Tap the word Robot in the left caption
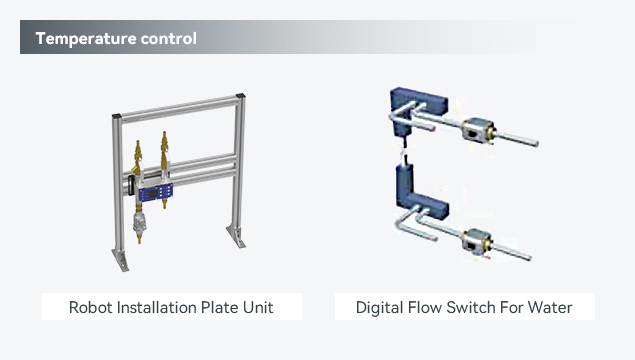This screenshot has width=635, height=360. [91, 307]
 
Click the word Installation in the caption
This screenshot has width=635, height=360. [156, 307]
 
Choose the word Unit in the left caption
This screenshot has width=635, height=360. [258, 307]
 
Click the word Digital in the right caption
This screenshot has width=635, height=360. [379, 308]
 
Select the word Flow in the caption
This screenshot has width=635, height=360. [425, 307]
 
